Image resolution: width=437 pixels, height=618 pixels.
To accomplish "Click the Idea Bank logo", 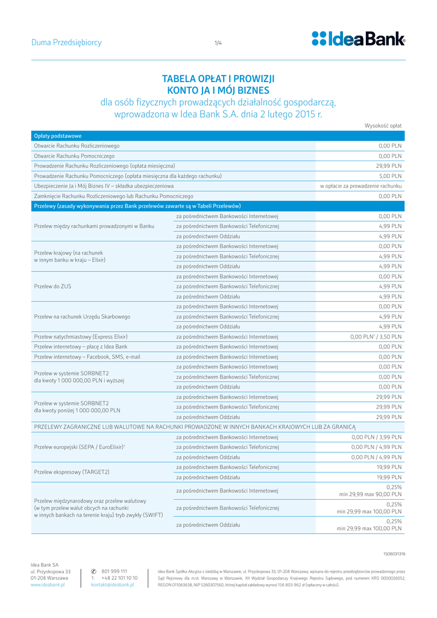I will (359, 39).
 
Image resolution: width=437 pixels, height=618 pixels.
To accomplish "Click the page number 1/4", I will (218, 43).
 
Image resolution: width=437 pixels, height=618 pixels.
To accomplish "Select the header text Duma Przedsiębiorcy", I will (66, 43).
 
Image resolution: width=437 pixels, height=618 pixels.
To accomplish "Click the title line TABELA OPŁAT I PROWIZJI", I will (218, 79).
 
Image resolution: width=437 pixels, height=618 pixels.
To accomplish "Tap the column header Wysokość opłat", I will (383, 126).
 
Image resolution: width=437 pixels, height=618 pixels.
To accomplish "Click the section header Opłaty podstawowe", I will (58, 136).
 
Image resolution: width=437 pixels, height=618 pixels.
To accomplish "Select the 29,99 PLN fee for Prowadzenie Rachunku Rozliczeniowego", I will (389, 165).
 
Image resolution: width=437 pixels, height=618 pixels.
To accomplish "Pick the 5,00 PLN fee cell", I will (391, 176).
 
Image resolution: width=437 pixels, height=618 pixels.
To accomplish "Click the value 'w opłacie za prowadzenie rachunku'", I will (360, 186).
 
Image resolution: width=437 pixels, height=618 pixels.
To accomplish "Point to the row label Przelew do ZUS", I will (53, 286).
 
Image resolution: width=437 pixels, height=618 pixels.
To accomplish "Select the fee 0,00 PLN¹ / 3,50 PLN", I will (376, 337).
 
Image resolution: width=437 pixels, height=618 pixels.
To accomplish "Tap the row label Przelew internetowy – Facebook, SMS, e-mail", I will (87, 357).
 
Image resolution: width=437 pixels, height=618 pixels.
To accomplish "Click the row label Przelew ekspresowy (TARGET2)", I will (72, 472).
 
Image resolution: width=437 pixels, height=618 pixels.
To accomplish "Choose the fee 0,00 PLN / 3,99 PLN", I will (377, 437).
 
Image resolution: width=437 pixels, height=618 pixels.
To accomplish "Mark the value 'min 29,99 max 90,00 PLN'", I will (370, 494).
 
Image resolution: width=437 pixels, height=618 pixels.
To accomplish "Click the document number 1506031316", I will (394, 553).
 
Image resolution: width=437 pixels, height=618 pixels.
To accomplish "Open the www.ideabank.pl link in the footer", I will (48, 585).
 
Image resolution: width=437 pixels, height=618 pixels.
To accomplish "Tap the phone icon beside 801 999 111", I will (93, 571).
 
